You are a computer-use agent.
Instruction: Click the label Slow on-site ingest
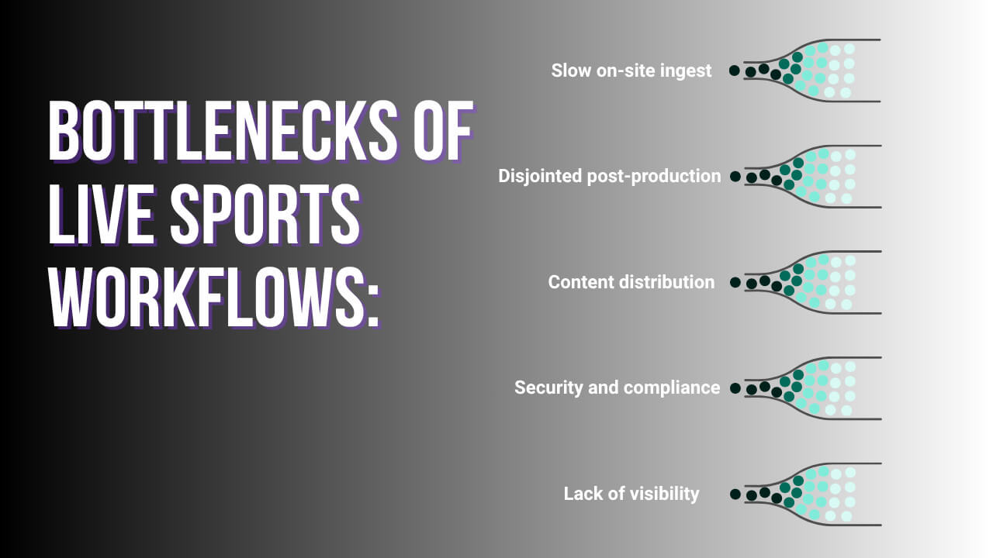click(631, 71)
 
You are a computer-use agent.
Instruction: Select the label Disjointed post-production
click(609, 176)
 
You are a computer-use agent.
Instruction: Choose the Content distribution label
click(631, 282)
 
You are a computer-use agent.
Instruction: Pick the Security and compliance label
click(617, 387)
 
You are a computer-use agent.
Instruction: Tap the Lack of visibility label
click(631, 494)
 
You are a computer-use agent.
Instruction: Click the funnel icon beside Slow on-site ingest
click(811, 71)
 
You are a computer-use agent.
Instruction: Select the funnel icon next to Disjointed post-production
click(811, 177)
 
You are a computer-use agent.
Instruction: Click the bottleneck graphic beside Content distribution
click(811, 282)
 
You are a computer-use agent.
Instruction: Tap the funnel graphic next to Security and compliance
click(811, 388)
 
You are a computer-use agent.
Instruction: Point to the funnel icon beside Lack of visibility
click(811, 494)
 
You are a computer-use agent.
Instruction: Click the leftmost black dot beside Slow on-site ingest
click(734, 71)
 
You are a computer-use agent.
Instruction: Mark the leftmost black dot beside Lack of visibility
click(735, 494)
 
